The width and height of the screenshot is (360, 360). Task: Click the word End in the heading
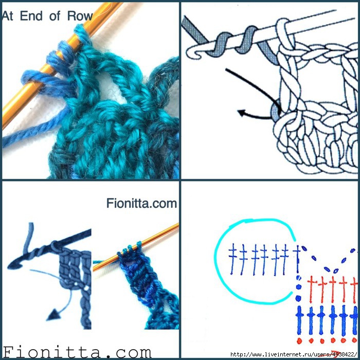(31, 16)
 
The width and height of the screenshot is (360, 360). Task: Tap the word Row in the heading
(80, 16)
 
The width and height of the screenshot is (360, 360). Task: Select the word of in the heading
(55, 16)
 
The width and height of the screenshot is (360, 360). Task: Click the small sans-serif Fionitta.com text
(141, 204)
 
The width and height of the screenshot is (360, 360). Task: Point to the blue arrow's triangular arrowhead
(53, 315)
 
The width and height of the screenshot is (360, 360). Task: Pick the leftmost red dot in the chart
(299, 341)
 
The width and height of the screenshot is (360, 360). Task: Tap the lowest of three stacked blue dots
(298, 298)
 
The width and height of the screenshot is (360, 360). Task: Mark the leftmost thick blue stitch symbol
(300, 319)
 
